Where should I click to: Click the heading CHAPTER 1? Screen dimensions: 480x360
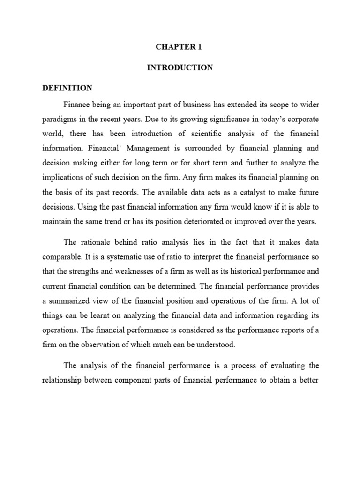pyautogui.click(x=180, y=47)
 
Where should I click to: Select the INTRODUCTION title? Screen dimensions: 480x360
pyautogui.click(x=180, y=67)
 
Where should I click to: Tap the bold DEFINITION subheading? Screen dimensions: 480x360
pyautogui.click(x=67, y=88)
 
